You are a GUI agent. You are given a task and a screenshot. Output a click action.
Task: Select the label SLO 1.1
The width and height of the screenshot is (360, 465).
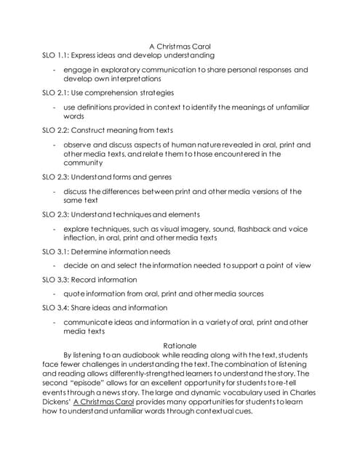56,55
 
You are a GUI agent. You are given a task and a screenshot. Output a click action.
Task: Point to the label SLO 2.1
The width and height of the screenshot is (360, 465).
56,93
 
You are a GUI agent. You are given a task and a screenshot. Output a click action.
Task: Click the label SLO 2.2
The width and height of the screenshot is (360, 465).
56,130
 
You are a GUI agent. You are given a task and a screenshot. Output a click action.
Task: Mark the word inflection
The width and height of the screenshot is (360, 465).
82,238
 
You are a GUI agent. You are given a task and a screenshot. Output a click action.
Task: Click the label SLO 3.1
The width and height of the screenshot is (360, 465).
56,251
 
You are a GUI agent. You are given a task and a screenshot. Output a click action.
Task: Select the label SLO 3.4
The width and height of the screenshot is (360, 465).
56,307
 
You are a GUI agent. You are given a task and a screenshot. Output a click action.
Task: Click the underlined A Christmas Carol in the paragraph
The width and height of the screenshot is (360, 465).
103,401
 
